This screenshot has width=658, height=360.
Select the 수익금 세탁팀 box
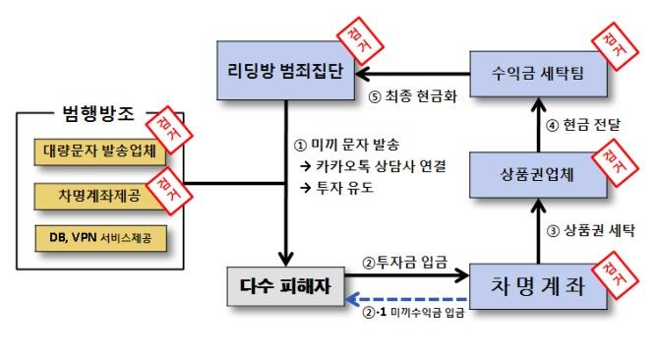[x=536, y=74]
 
